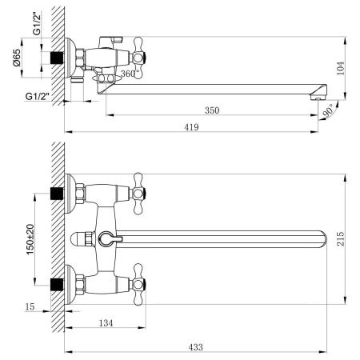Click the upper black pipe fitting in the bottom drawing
coord(58,194)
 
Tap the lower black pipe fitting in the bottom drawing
coord(58,283)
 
